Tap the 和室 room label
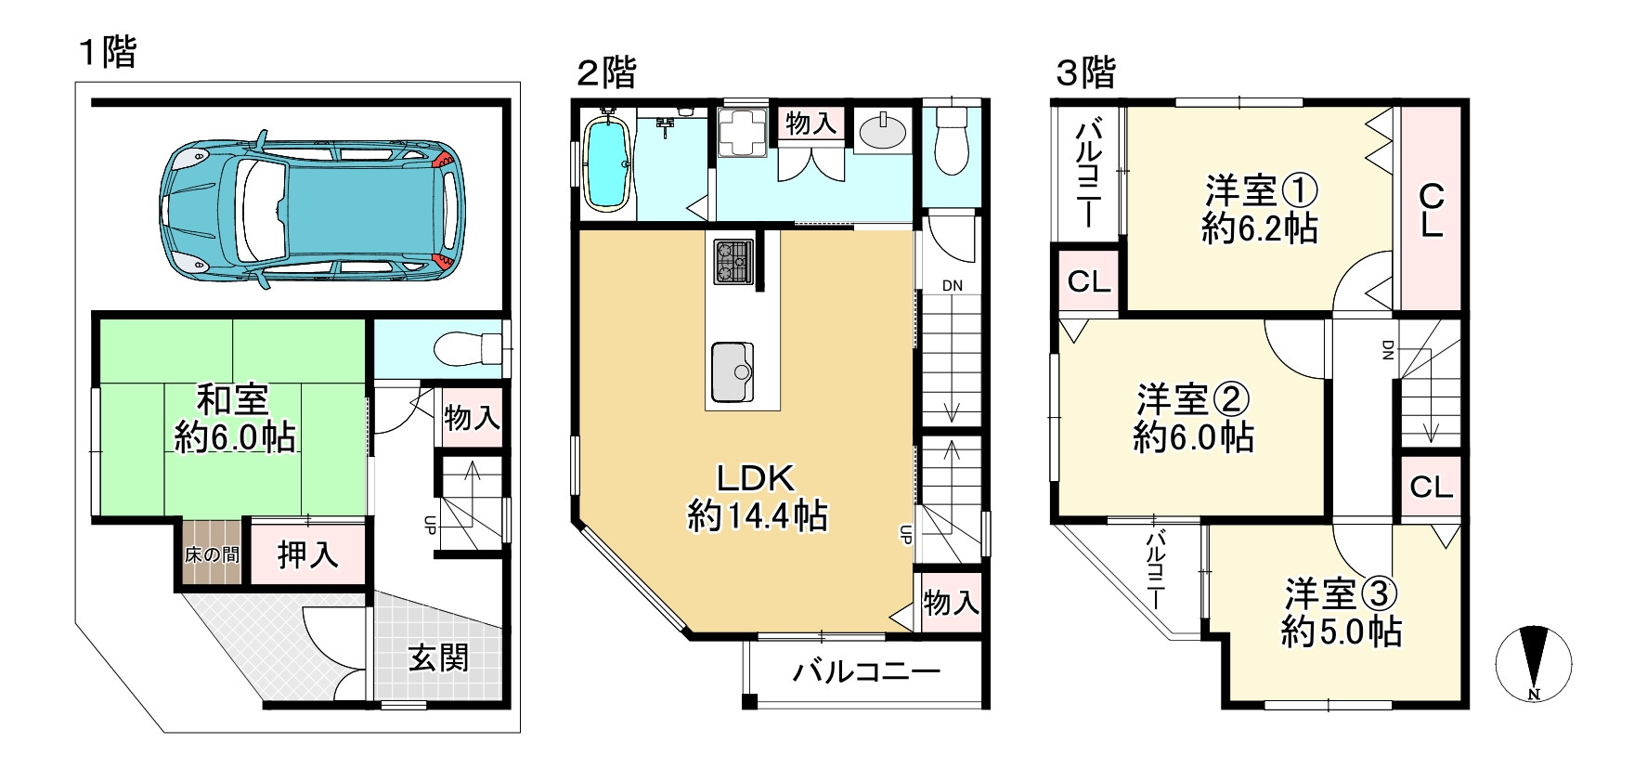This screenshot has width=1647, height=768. click(233, 401)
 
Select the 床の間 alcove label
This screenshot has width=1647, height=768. click(212, 555)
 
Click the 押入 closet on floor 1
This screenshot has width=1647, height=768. click(307, 555)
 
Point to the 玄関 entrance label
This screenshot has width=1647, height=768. click(438, 658)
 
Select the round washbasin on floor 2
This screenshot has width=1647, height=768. click(882, 134)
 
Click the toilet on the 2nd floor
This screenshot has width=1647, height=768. click(952, 140)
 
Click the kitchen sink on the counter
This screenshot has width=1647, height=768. click(733, 372)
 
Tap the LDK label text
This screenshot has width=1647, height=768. click(755, 478)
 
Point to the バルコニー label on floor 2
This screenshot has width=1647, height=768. click(866, 671)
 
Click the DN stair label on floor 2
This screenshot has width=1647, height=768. click(952, 286)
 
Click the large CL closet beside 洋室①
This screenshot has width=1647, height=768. click(1431, 210)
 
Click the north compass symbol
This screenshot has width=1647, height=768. click(1533, 665)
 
